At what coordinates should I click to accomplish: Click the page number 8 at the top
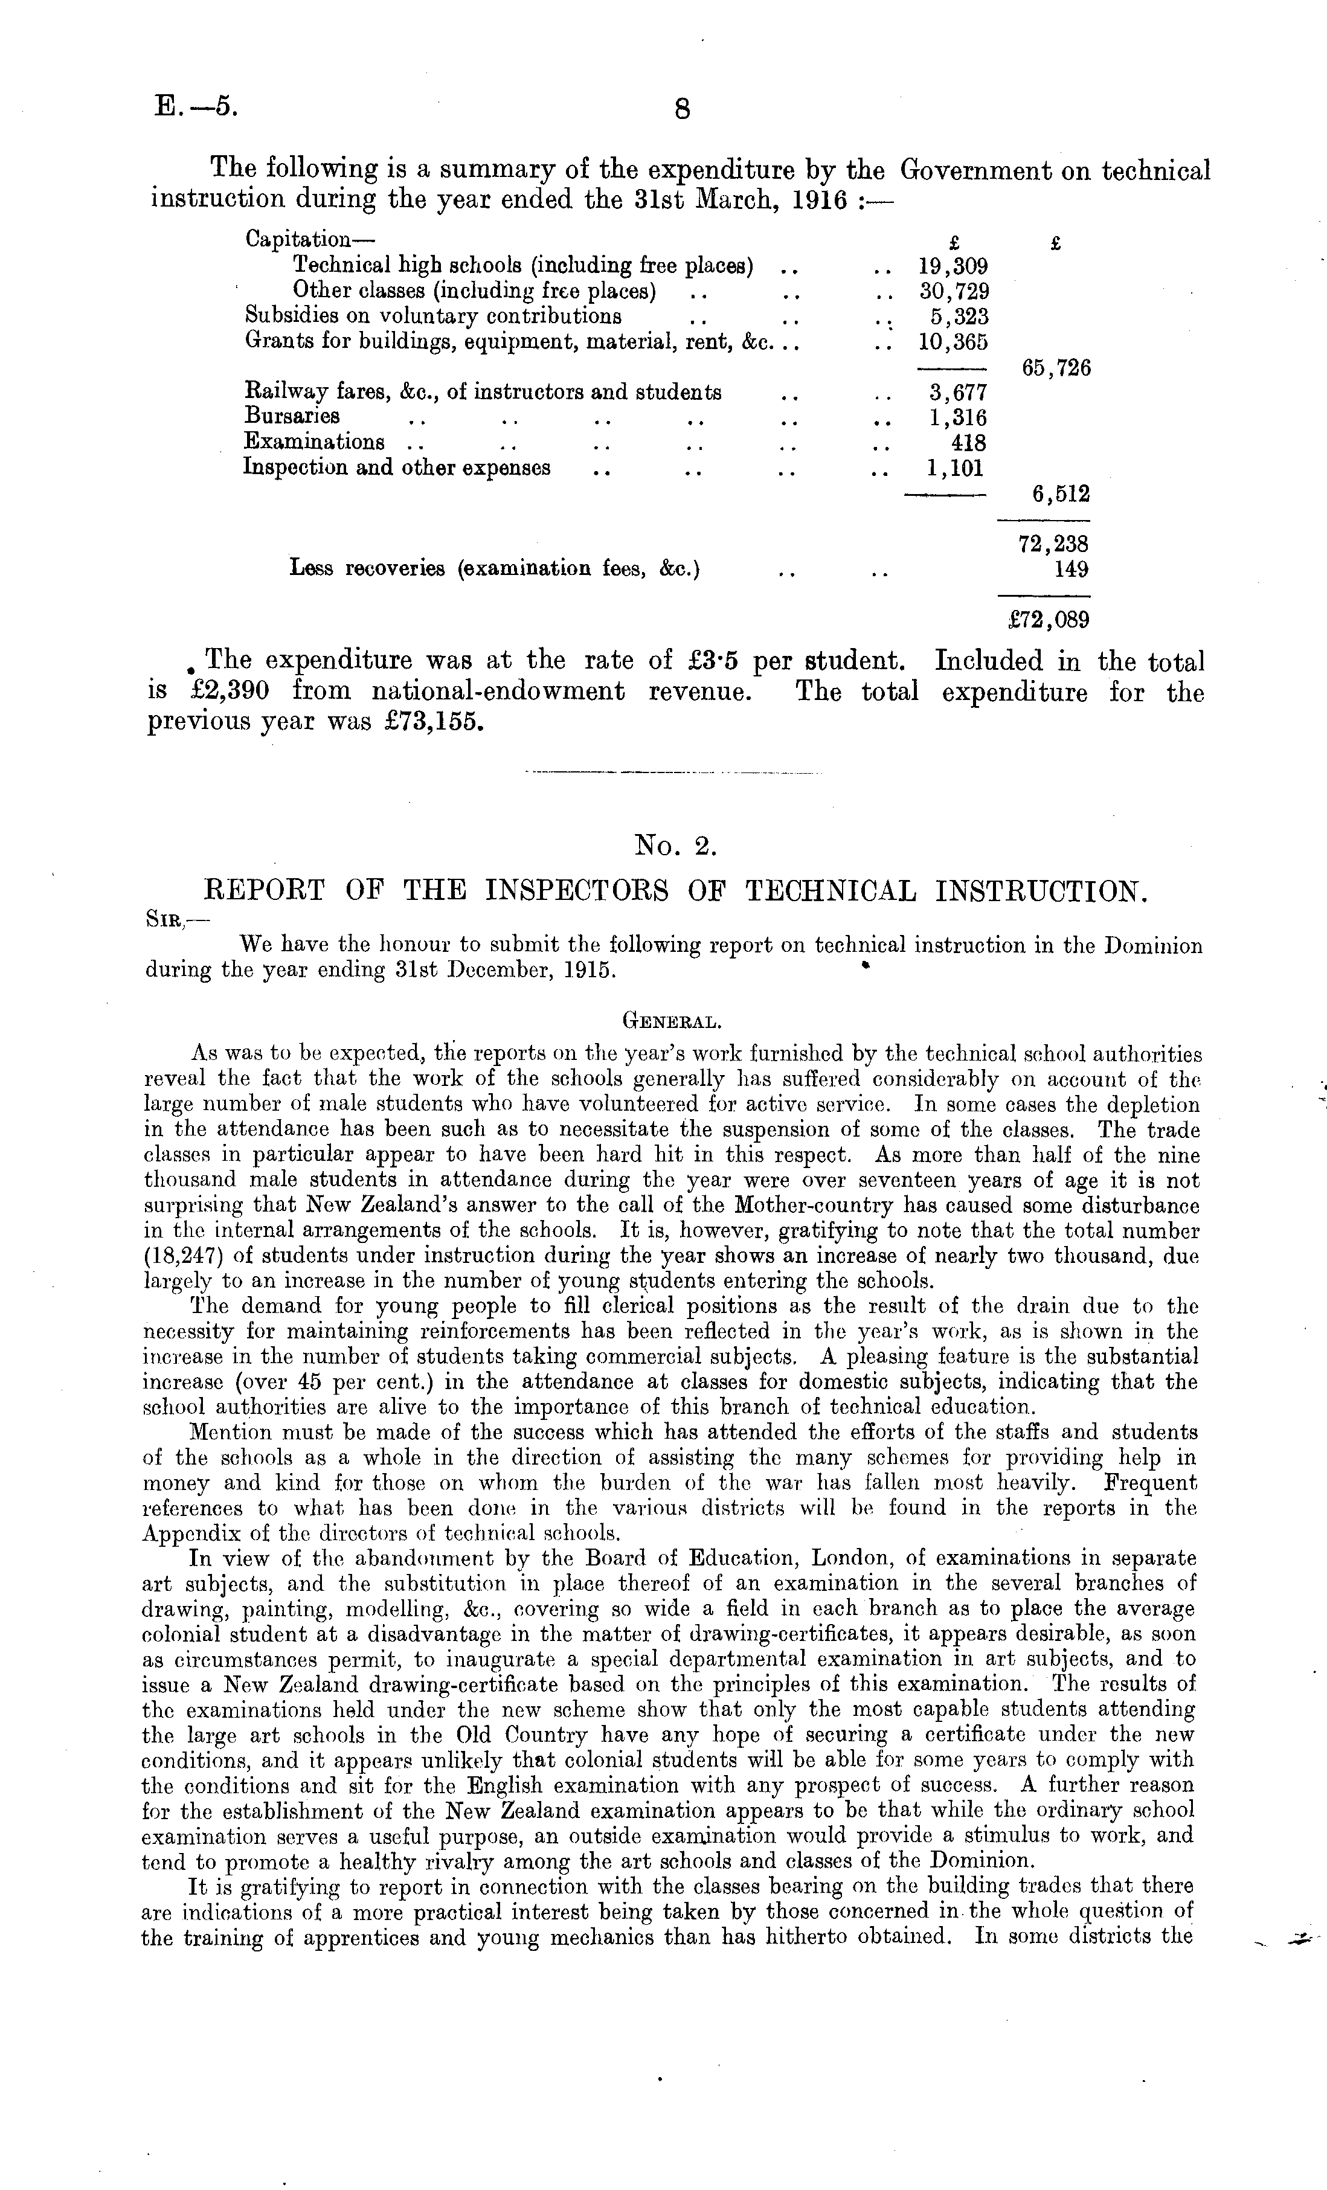click(x=682, y=109)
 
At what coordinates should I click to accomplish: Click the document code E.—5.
click(x=194, y=107)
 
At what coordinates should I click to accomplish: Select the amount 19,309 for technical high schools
click(x=953, y=266)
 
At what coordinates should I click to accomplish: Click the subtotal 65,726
click(x=1056, y=368)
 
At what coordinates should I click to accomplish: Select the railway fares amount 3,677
click(x=958, y=392)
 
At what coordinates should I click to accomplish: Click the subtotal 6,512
click(x=1061, y=493)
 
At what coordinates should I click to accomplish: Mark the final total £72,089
click(x=1044, y=620)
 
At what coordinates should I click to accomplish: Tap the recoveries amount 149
click(x=1071, y=569)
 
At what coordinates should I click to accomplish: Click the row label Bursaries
click(x=292, y=417)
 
